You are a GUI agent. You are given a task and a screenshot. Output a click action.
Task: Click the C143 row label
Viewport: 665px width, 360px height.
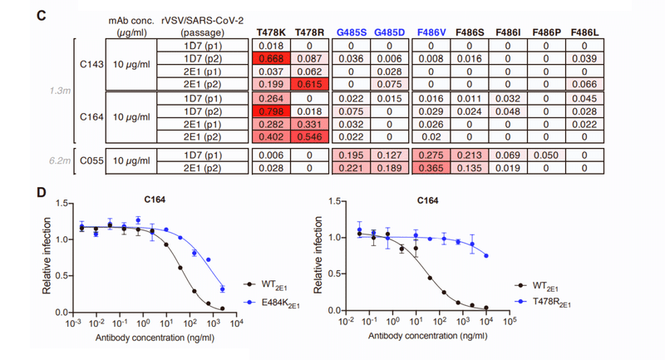pyautogui.click(x=89, y=64)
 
